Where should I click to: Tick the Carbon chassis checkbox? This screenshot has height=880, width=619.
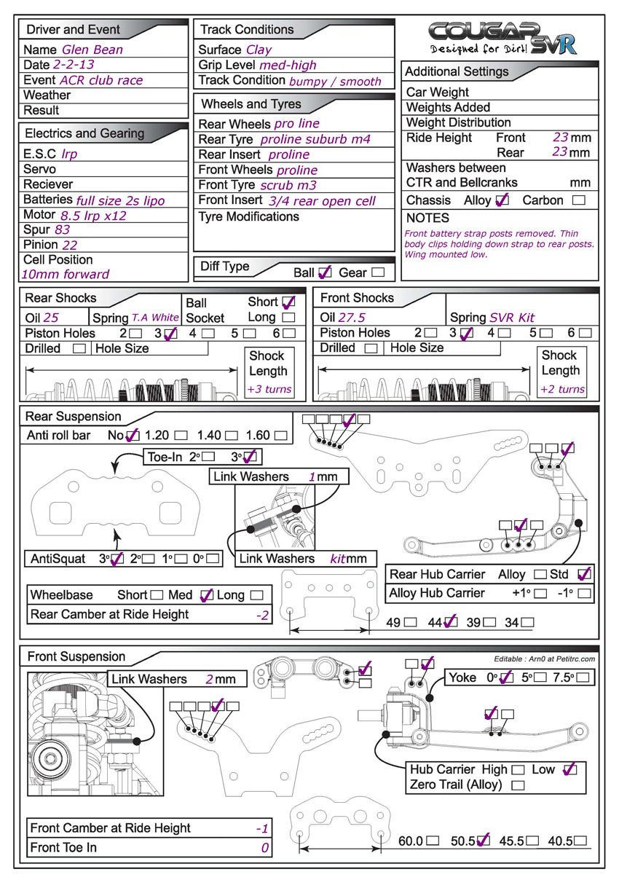click(579, 200)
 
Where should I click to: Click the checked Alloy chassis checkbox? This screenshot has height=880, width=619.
click(502, 200)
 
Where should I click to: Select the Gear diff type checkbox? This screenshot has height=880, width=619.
click(378, 272)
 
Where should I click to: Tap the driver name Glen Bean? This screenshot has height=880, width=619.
click(92, 50)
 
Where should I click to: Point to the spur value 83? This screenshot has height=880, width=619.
click(63, 229)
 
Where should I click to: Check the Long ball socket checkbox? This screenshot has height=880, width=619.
click(288, 318)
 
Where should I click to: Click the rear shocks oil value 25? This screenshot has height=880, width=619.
click(51, 318)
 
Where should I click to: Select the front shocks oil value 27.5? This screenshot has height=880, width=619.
click(358, 318)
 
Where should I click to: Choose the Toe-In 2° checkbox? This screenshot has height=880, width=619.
click(208, 457)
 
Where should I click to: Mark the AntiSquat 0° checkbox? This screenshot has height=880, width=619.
click(213, 559)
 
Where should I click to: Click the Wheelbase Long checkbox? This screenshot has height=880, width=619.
click(256, 595)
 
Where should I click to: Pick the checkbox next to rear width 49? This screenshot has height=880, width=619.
click(411, 623)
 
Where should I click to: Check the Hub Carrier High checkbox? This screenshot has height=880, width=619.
click(518, 769)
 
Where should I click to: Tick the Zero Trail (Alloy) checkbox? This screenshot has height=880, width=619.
click(518, 785)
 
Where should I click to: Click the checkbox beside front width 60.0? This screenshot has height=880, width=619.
click(433, 840)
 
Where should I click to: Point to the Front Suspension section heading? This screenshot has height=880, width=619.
click(76, 656)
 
